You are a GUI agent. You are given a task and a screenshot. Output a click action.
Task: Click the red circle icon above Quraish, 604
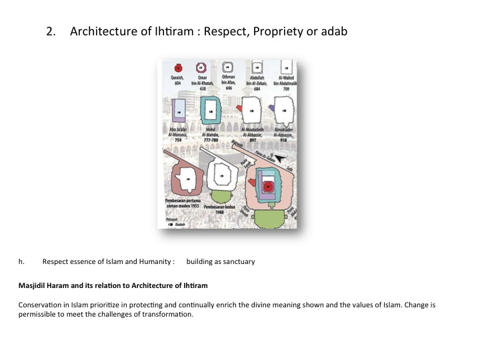point(178,67)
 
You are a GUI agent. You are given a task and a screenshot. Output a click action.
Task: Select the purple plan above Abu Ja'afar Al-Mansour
point(179,109)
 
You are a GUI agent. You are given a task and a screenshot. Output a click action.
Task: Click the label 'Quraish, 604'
point(178,81)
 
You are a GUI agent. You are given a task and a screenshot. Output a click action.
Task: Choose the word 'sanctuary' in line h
point(237,262)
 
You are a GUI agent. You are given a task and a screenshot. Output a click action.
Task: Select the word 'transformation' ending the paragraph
point(164,315)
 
